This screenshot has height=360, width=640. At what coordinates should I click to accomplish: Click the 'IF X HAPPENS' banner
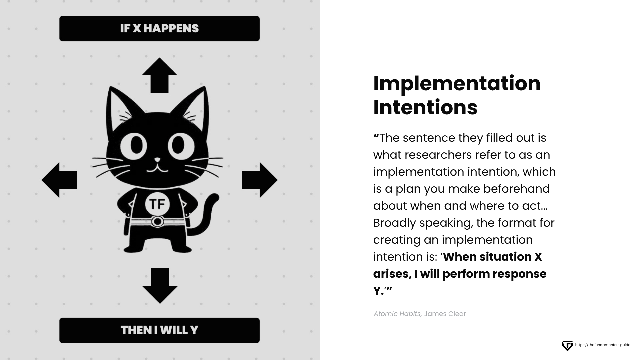[x=159, y=29]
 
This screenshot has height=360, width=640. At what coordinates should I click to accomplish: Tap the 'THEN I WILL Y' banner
[x=159, y=330]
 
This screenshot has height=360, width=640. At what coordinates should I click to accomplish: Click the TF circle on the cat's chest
[x=157, y=204]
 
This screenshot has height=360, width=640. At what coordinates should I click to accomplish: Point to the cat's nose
[x=157, y=160]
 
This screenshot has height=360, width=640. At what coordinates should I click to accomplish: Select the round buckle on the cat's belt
[x=157, y=221]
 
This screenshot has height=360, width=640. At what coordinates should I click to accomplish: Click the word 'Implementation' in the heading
[x=457, y=83]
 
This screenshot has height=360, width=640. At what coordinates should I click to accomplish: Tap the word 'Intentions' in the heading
[x=425, y=107]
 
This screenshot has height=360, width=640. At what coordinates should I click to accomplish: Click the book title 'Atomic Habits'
[x=397, y=314]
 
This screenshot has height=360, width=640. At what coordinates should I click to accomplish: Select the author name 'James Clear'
[x=445, y=314]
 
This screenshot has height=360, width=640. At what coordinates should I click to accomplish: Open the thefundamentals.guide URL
[x=603, y=345]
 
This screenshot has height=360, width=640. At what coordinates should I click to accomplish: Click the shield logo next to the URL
[x=567, y=346]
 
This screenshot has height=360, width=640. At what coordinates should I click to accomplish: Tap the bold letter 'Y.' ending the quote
[x=379, y=291]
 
